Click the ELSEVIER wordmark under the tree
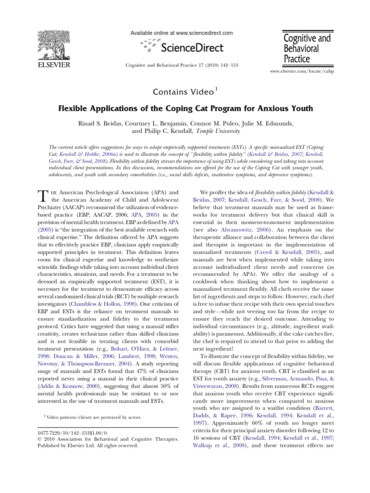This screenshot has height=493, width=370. (x=51, y=65)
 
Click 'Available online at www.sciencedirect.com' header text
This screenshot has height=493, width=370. (x=182, y=33)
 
